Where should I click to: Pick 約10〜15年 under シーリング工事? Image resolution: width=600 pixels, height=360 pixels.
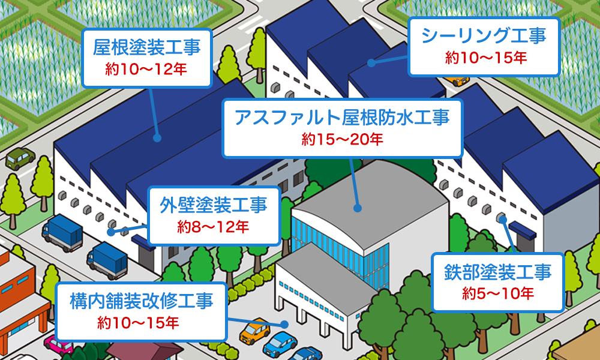tap(484, 58)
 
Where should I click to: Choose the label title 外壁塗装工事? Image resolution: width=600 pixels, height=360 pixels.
tap(213, 205)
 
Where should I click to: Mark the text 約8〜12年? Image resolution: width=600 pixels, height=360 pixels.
tap(213, 227)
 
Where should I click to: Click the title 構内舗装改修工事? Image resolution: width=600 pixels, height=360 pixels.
tap(141, 300)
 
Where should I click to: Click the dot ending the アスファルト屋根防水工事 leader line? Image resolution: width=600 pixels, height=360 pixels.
tap(358, 208)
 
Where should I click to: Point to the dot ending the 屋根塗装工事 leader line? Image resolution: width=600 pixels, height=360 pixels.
tap(157, 137)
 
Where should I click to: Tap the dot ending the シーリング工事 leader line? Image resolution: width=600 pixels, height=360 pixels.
tap(371, 62)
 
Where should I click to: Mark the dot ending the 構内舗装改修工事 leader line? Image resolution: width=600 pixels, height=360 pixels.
tap(286, 324)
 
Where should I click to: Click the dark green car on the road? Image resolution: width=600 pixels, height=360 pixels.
tap(21, 157)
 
